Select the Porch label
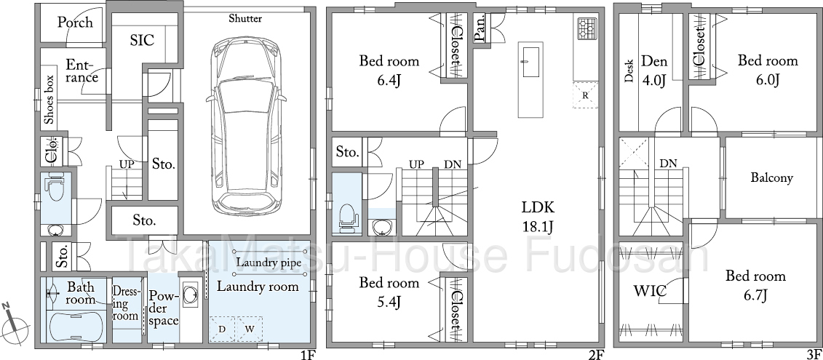click(75, 23)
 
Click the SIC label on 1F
click(142, 41)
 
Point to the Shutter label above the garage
click(245, 19)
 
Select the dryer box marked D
click(222, 329)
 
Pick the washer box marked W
click(248, 329)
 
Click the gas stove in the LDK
click(587, 29)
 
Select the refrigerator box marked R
click(585, 95)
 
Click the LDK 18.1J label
click(538, 216)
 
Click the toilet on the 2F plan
click(346, 218)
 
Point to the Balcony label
click(771, 178)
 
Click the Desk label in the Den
click(629, 71)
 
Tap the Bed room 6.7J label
click(755, 285)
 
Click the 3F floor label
click(814, 354)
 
